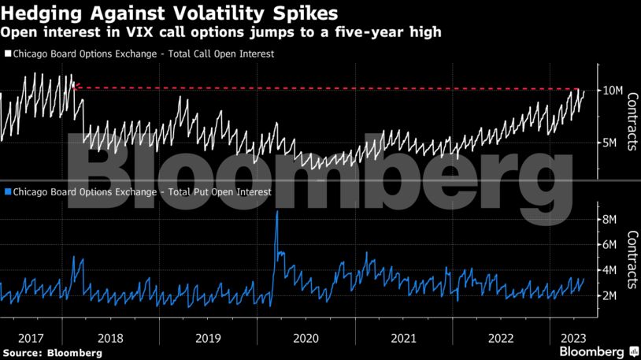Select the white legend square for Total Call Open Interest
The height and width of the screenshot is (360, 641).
coord(8,54)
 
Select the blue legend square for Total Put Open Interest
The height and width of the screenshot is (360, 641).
coord(8,191)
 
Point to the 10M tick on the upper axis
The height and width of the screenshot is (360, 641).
coord(613,91)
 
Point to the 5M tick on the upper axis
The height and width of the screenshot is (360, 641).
coord(613,143)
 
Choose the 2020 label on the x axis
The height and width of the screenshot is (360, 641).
coord(305,337)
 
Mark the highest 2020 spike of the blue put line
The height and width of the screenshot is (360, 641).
coord(276,212)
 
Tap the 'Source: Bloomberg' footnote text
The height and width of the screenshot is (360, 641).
coord(52,353)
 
